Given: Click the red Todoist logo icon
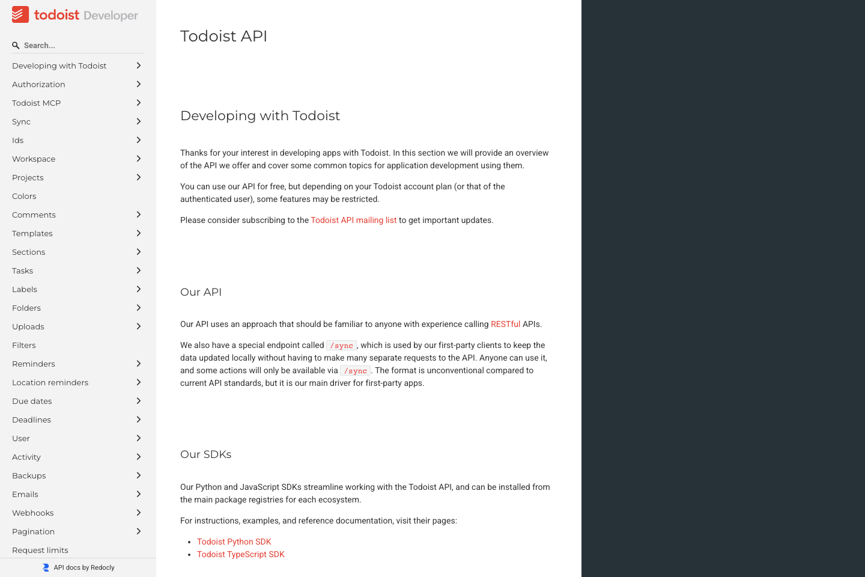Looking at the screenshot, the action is click(x=20, y=14).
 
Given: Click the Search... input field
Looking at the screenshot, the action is click(x=78, y=45).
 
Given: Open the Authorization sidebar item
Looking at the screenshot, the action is click(x=38, y=84).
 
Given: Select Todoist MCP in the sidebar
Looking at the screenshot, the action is click(x=36, y=103).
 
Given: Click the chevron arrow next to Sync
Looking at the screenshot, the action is click(x=138, y=121).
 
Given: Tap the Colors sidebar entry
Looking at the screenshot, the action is click(x=24, y=196).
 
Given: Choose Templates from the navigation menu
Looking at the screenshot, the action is click(x=32, y=233).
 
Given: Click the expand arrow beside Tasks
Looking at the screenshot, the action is click(x=138, y=270).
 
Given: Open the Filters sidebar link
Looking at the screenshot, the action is click(x=24, y=345).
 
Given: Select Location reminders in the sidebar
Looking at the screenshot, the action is click(x=50, y=382).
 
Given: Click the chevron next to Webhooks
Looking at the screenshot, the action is click(x=138, y=513).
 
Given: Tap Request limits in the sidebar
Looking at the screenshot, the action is click(x=40, y=550).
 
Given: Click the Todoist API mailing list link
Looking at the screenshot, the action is click(x=353, y=220).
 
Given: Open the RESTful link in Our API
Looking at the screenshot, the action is click(x=505, y=324).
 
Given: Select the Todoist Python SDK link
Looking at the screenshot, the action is click(x=234, y=542).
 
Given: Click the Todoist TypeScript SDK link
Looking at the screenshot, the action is click(x=240, y=554).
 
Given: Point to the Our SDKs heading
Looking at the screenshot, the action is click(x=205, y=454).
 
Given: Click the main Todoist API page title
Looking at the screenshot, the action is click(x=223, y=36).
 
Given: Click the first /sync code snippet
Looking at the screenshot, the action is click(x=341, y=346).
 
